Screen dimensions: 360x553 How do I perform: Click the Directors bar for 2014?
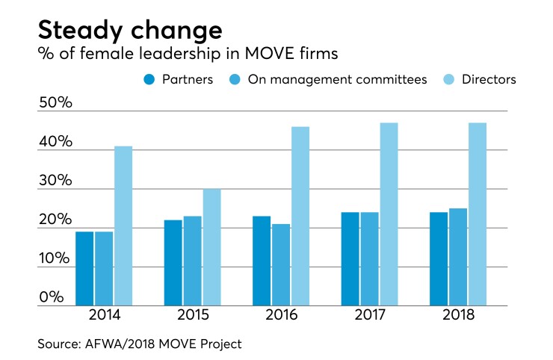pos(123,226)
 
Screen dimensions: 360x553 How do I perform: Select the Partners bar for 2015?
pos(173,263)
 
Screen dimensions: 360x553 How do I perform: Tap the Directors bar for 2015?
pos(211,247)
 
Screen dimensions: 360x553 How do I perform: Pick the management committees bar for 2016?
pos(281,264)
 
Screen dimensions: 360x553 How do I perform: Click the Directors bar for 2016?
pos(300,216)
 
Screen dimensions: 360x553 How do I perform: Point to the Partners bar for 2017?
pos(350,259)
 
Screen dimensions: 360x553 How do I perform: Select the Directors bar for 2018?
pos(477,214)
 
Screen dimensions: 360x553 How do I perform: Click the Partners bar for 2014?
pos(84,269)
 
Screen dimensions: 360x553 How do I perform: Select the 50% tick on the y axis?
pos(55,103)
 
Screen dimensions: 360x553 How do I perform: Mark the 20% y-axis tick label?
pos(55,220)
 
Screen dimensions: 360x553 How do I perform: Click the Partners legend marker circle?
pos(148,79)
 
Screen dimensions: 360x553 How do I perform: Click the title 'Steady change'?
pos(130,31)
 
